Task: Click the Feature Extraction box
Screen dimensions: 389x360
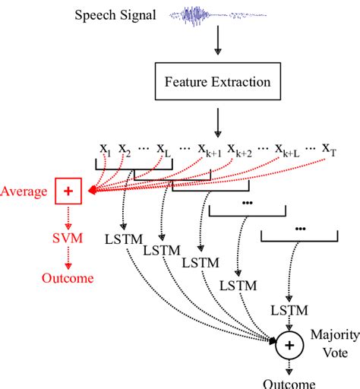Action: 217,81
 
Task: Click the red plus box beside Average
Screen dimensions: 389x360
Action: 68,192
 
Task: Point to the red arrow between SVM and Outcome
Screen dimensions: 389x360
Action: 68,259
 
